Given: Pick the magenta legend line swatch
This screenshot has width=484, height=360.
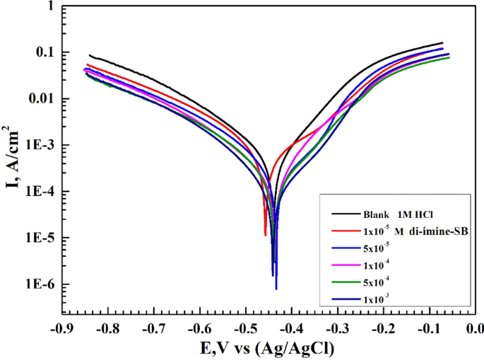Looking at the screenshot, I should click(344, 266).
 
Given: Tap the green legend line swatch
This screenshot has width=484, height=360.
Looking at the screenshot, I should click(344, 284).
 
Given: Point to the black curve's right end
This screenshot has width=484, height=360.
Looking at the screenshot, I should click(442, 43).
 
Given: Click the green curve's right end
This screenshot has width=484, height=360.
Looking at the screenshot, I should click(449, 57).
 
